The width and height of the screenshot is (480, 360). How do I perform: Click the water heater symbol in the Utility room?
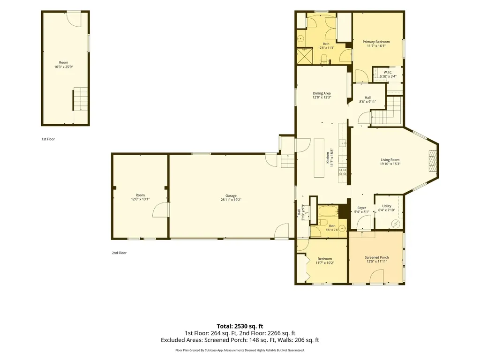(x=396, y=224)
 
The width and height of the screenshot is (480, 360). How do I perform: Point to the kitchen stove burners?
(x=343, y=172)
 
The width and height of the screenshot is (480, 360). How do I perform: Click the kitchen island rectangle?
(x=319, y=157)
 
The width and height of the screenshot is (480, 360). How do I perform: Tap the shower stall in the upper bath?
(x=305, y=56)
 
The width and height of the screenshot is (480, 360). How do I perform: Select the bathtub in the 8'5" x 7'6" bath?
(x=328, y=211)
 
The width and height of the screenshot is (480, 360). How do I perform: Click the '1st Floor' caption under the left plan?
(x=48, y=139)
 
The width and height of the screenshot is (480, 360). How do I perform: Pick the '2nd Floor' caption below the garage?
(x=119, y=253)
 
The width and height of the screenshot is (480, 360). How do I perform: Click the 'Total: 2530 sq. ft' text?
(x=240, y=326)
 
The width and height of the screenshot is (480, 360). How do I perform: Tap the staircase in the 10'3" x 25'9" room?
(x=80, y=99)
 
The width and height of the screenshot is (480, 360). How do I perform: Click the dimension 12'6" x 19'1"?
(x=140, y=199)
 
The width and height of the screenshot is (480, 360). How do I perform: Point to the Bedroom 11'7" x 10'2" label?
(x=325, y=261)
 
